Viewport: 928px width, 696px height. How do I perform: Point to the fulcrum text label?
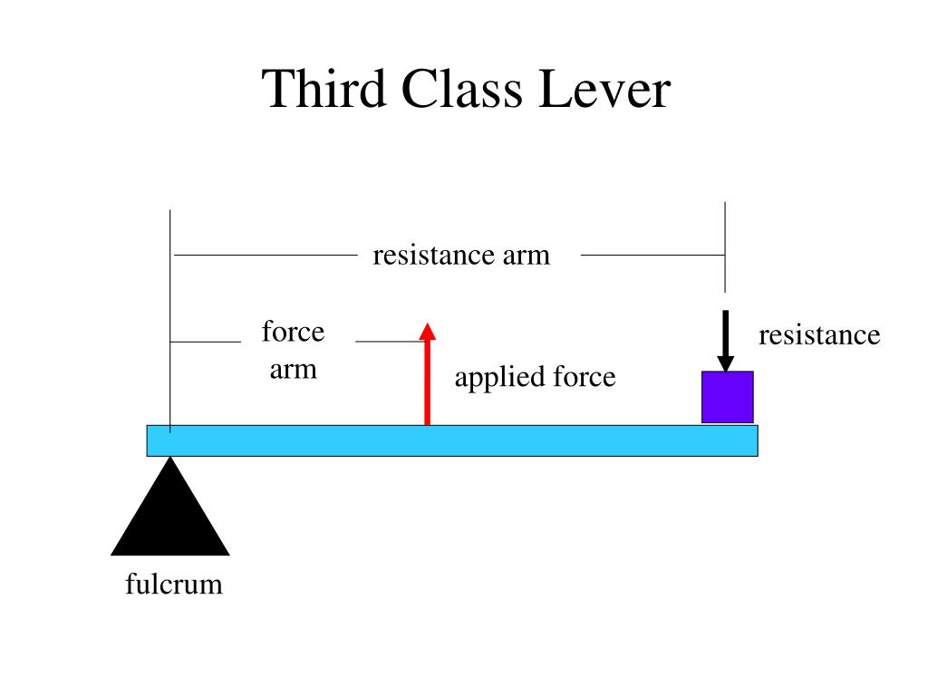(173, 585)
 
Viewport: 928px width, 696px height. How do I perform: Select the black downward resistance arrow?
(726, 341)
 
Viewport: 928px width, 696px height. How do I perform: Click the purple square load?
(727, 397)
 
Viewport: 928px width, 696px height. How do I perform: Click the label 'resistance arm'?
(461, 256)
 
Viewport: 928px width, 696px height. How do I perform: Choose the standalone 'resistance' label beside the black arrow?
(819, 335)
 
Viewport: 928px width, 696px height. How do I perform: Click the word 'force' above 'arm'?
(293, 332)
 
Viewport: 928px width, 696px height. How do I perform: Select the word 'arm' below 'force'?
(293, 370)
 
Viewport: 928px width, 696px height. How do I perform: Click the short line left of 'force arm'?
(206, 343)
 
